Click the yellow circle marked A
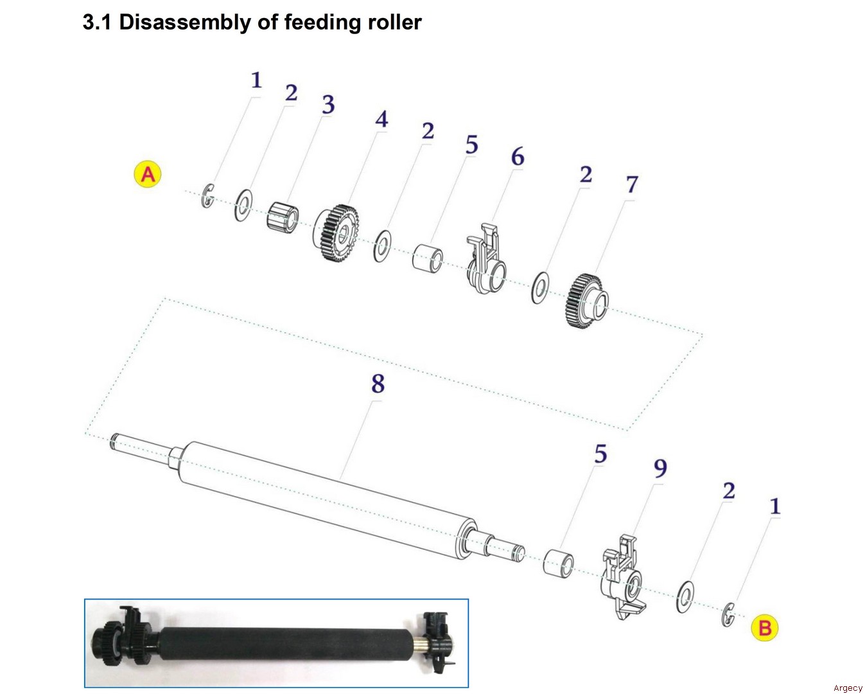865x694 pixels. (148, 174)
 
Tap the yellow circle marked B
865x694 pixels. (764, 627)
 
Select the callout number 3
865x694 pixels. (328, 105)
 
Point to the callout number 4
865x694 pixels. (381, 119)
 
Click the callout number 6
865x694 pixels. (517, 156)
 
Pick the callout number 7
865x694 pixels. (632, 184)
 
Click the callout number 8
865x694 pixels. (378, 384)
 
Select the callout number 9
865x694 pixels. (660, 468)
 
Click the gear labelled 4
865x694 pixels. (338, 233)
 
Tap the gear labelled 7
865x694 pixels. (587, 300)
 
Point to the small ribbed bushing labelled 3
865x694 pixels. (282, 217)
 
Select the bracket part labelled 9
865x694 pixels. (623, 575)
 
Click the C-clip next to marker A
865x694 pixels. (207, 196)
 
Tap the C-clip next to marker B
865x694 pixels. (728, 614)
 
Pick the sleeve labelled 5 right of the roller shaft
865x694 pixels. (558, 562)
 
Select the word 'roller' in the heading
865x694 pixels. (395, 22)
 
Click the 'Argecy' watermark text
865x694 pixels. (848, 688)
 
